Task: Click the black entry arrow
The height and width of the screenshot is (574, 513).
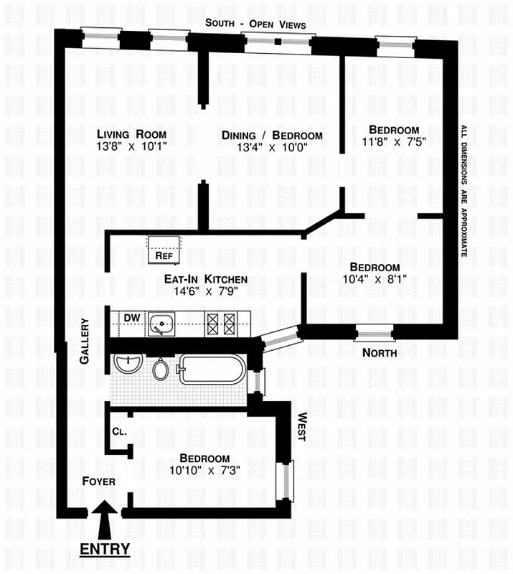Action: pos(105,522)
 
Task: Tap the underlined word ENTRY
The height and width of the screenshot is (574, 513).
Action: pos(105,550)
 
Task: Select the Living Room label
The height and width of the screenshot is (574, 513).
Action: pos(132,134)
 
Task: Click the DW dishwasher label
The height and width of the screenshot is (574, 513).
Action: pos(131,318)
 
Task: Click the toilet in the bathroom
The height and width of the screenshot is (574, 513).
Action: pos(161,370)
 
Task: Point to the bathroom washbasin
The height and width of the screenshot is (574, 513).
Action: pos(126,364)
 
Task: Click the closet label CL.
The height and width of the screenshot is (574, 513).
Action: pos(119,432)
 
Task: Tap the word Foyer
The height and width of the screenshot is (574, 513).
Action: pos(98,481)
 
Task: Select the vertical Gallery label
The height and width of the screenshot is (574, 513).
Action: pos(84,342)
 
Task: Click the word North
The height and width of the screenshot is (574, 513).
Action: pos(379,352)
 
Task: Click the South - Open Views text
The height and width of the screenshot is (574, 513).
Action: pos(255,24)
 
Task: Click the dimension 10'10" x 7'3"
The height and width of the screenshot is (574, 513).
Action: pos(204,471)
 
